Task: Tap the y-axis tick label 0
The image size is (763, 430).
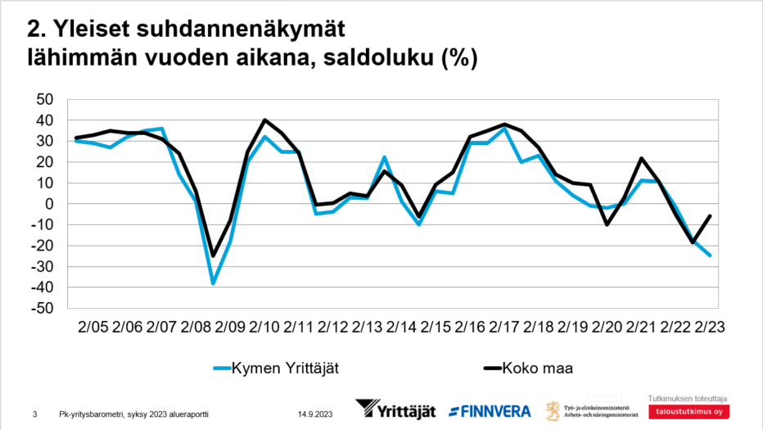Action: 48,204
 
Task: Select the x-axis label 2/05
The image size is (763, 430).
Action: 93,327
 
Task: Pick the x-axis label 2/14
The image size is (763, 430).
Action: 401,327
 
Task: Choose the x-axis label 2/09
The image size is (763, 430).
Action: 230,327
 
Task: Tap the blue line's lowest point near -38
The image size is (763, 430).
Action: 213,283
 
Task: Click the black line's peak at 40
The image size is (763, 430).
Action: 264,120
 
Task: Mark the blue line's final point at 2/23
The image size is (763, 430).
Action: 709,256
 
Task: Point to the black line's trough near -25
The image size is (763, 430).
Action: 213,256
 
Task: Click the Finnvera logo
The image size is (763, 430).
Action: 490,410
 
